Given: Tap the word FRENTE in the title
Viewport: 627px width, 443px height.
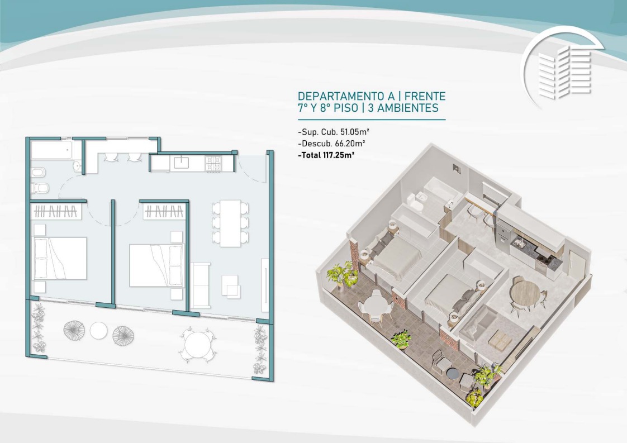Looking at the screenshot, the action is [x=426, y=96].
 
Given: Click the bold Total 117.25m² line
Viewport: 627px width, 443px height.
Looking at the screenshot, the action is [x=326, y=155].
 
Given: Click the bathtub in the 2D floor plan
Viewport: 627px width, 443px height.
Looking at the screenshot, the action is [x=51, y=150].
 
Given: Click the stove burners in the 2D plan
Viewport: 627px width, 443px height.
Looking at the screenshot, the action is [x=213, y=164].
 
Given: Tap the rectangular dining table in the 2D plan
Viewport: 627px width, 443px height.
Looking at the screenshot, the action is [x=230, y=223].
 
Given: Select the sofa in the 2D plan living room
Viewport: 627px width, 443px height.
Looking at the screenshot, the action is [x=200, y=285].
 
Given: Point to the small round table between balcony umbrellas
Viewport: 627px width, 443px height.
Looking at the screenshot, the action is [x=98, y=331].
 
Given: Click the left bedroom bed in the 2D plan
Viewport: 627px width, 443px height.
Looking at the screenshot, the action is [x=59, y=258].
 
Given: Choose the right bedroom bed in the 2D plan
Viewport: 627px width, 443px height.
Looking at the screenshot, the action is [x=156, y=265].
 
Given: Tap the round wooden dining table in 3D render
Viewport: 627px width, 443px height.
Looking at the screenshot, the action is [x=525, y=293].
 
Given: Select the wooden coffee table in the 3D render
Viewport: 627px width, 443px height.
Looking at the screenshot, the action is [x=500, y=340].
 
